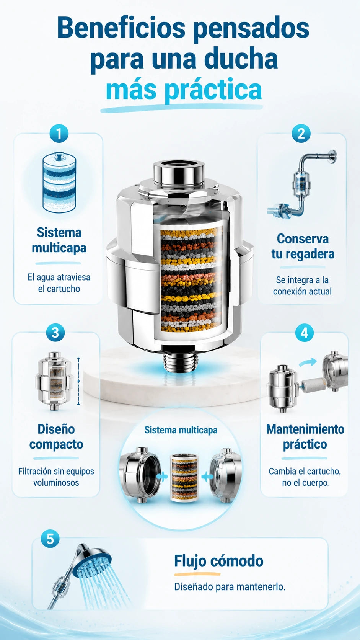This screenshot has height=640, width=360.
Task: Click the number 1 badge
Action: point(59,134)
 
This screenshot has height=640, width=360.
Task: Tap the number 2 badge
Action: point(301,134)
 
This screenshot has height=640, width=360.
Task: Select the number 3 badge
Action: point(55,333)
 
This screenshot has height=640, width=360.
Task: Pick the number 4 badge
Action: point(304,333)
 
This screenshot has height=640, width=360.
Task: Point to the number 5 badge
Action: point(50,539)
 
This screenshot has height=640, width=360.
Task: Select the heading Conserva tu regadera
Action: point(303,246)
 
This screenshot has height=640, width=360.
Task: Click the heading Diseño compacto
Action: point(56,437)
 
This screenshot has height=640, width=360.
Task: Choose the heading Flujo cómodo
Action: point(219,560)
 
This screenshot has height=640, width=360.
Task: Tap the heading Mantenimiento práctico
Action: point(305,437)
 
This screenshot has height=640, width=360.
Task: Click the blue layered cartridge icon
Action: point(59,183)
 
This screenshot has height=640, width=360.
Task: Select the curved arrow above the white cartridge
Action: point(308,362)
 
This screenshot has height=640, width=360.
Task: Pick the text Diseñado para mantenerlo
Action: point(230,587)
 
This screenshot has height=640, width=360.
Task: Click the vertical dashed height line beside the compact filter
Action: point(78,381)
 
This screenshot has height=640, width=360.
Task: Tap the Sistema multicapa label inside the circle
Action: point(181,430)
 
